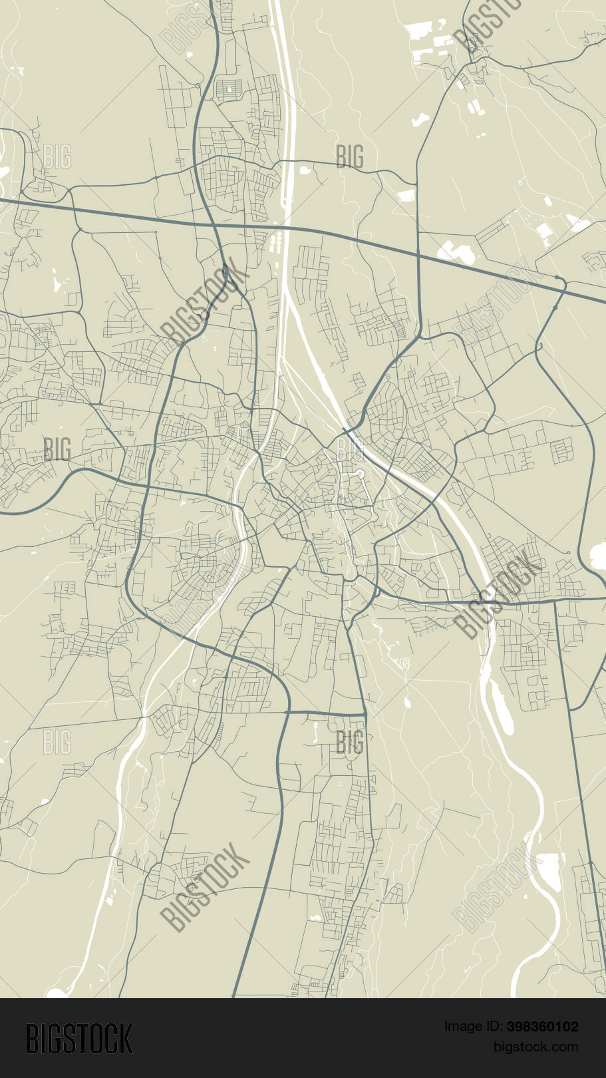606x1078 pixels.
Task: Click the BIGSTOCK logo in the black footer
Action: [x=79, y=1039]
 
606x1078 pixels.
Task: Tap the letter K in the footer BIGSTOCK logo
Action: [x=126, y=1039]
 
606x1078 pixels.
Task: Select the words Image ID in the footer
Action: [x=473, y=1027]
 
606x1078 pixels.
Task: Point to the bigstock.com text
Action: [x=535, y=1047]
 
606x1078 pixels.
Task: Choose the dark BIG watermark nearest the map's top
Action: [x=350, y=157]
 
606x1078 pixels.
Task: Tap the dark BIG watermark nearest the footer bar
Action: [x=350, y=741]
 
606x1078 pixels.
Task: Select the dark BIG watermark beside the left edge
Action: [x=57, y=449]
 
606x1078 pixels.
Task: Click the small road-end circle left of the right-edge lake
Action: [x=569, y=553]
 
